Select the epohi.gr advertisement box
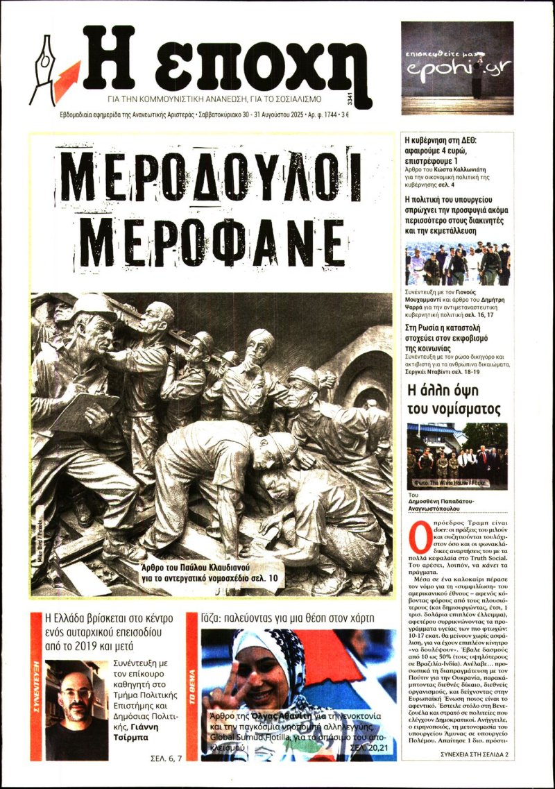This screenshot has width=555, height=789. point(456,67)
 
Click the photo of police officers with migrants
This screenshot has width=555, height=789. point(457,264)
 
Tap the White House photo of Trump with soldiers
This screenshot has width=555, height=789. point(457,456)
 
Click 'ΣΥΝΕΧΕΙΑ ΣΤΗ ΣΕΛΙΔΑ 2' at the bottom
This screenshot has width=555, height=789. point(475,754)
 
